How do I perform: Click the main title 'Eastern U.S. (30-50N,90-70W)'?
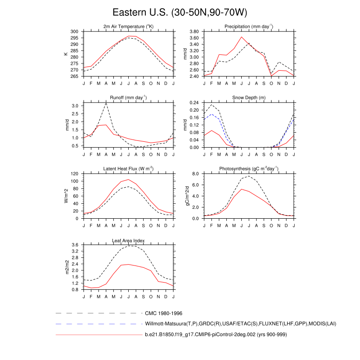pyautogui.click(x=180, y=12)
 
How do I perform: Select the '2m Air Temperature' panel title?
pyautogui.click(x=128, y=27)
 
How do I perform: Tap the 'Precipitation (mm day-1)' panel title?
pyautogui.click(x=248, y=27)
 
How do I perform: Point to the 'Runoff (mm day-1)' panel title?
pyautogui.click(x=128, y=98)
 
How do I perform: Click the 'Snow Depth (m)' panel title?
pyautogui.click(x=248, y=98)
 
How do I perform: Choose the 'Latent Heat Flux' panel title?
pyautogui.click(x=128, y=169)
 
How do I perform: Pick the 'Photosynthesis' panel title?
pyautogui.click(x=248, y=169)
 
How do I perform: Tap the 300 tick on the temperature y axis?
pyautogui.click(x=75, y=31)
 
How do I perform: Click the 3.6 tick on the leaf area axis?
pyautogui.click(x=76, y=245)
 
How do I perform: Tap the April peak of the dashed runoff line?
pyautogui.click(x=106, y=103)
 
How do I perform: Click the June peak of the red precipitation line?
pyautogui.click(x=241, y=37)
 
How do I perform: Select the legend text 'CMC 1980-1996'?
pyautogui.click(x=163, y=313)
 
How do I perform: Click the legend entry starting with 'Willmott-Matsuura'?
pyautogui.click(x=241, y=324)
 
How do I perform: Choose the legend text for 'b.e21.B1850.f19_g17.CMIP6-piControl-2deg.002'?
pyautogui.click(x=216, y=335)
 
